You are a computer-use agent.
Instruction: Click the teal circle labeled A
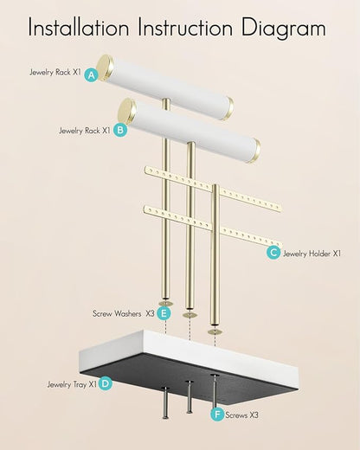coord(92,75)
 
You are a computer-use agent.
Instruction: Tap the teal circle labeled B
coord(120,130)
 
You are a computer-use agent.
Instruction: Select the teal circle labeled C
coord(273,253)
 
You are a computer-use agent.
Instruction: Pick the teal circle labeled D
coord(106,383)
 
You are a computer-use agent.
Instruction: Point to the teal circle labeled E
coord(164,313)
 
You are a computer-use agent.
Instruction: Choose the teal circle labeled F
coord(217,415)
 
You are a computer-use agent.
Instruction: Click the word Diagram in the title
coord(284,28)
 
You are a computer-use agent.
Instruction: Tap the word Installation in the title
coord(79,27)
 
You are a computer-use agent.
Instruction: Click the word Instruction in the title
coord(185,27)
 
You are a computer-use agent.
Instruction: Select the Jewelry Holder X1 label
coord(312,254)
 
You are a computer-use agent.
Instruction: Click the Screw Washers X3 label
coord(124,313)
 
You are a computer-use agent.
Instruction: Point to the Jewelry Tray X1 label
coord(72,384)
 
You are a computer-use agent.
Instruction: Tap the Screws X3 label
coord(241,415)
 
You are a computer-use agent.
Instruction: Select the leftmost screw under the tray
coord(165,402)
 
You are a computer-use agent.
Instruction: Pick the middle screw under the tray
coord(190,396)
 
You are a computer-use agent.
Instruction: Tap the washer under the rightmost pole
coord(215,331)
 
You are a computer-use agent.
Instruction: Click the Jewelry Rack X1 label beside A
coord(55,72)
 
